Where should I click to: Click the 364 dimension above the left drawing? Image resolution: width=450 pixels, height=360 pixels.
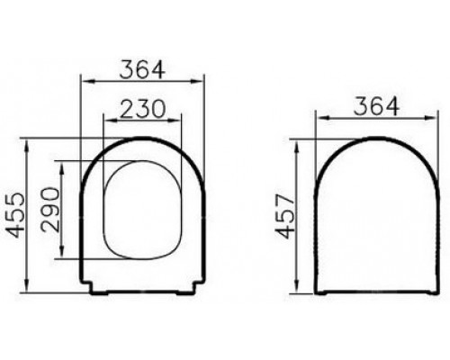pyautogui.click(x=142, y=70)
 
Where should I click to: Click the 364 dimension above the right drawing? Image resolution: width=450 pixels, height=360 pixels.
pyautogui.click(x=376, y=106)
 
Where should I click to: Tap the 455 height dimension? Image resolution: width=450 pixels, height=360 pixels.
pyautogui.click(x=15, y=215)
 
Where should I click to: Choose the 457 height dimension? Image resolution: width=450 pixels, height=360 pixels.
pyautogui.click(x=284, y=216)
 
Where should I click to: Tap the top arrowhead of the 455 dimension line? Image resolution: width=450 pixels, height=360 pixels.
pyautogui.click(x=27, y=146)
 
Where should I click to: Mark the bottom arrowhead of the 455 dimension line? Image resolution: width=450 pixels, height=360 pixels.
pyautogui.click(x=27, y=285)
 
